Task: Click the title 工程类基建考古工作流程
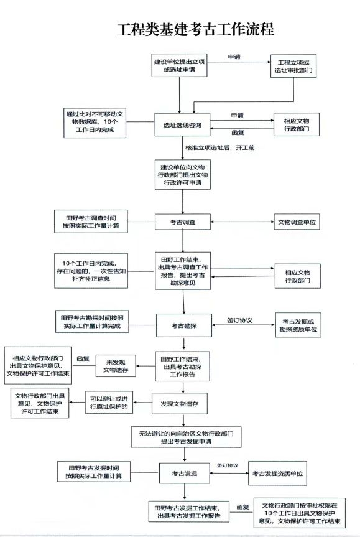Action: (195, 29)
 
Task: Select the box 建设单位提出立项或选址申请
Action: (179, 65)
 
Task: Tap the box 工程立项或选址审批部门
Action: (293, 66)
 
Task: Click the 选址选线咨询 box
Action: (182, 125)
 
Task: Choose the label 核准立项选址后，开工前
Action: (219, 147)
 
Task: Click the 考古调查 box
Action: (182, 222)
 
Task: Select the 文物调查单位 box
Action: (297, 222)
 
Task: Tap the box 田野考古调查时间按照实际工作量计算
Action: (91, 222)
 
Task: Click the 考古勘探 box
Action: (184, 325)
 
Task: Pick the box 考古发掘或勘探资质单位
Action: (298, 325)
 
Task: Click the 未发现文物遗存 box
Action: (116, 366)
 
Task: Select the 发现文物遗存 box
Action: (180, 404)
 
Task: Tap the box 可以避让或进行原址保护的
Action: (109, 403)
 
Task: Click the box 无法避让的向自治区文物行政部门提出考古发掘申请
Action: (186, 437)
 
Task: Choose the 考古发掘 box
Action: (185, 474)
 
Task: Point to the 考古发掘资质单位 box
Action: (277, 474)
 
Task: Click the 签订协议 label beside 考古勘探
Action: (239, 320)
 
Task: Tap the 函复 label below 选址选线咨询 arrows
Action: (238, 132)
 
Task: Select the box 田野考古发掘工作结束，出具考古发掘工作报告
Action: (189, 511)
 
